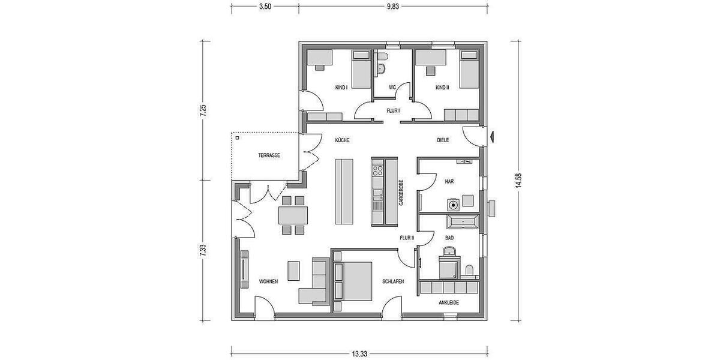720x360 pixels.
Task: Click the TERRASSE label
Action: coord(269,155)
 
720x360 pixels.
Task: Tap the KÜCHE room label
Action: coord(342,140)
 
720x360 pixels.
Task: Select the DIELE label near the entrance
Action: coord(443,140)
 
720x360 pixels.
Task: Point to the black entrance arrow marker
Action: coord(492,137)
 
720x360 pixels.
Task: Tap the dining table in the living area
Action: coord(293,215)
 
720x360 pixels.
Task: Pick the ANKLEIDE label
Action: coord(449,302)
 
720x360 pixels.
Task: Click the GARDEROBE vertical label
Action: coord(401,193)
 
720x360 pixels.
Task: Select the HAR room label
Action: coord(449,181)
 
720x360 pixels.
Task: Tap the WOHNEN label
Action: coord(268,281)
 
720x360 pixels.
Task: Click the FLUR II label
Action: coord(407,238)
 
